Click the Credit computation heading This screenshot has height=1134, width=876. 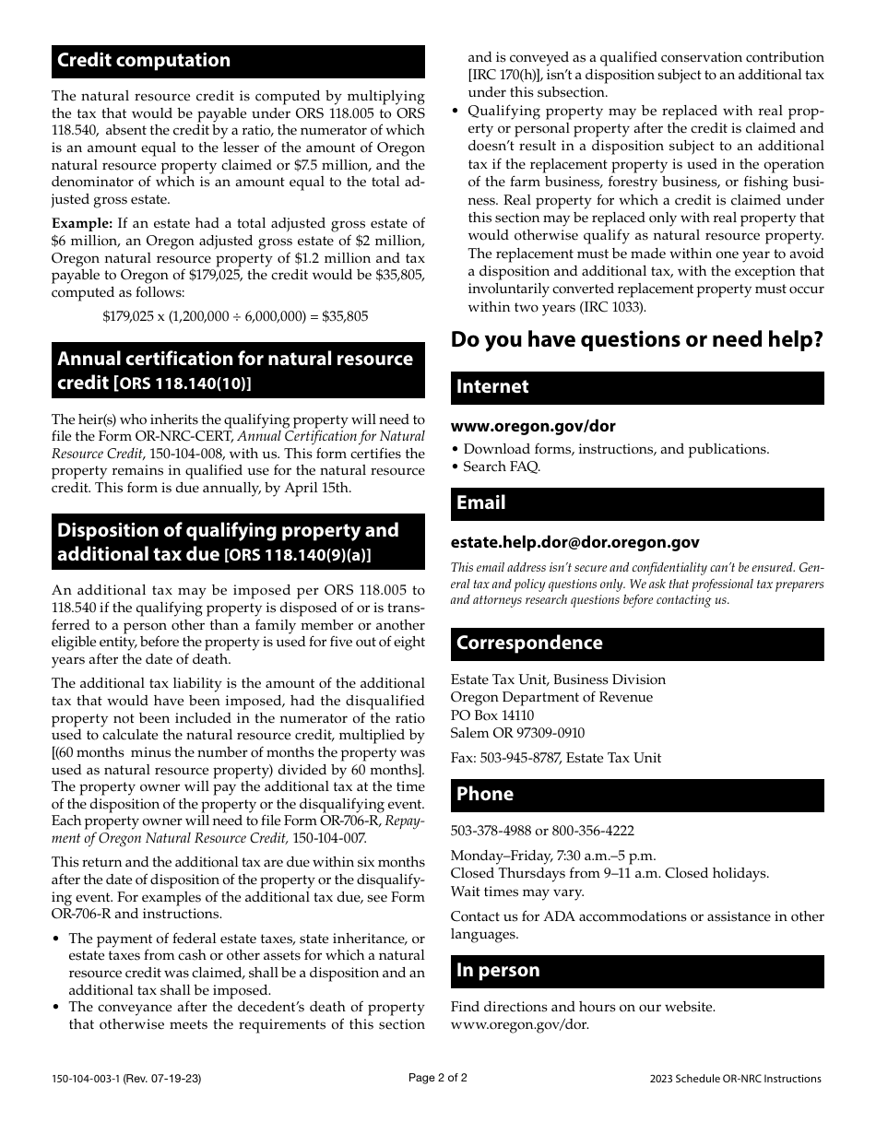[145, 61]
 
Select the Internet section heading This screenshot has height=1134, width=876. [492, 387]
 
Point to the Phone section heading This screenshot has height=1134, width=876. [485, 795]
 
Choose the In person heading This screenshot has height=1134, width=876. [498, 971]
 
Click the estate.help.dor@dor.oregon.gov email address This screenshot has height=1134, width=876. [574, 543]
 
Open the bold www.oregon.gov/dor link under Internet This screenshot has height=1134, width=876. [533, 427]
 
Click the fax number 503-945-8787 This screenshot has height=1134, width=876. [523, 758]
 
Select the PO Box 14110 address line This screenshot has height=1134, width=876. [492, 715]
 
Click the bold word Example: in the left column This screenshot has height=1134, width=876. [81, 223]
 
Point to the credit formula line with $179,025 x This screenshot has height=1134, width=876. [235, 316]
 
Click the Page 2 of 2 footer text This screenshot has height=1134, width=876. [437, 1077]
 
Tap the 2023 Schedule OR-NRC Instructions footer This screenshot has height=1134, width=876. [734, 1079]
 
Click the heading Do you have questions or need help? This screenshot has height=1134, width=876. [636, 340]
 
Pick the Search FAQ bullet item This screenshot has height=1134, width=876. [501, 467]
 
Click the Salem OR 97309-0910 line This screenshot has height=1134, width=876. [517, 733]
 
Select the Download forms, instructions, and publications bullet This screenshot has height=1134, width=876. [615, 449]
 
